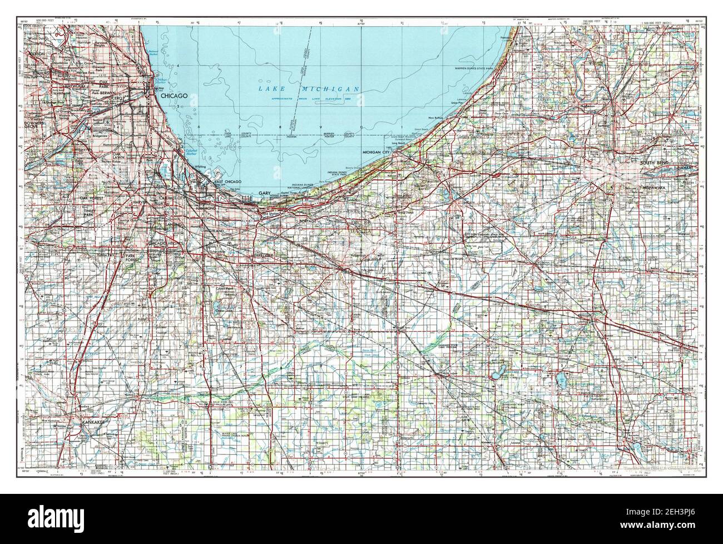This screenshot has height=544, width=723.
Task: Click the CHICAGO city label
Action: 174,96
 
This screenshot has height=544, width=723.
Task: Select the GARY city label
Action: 264,193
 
